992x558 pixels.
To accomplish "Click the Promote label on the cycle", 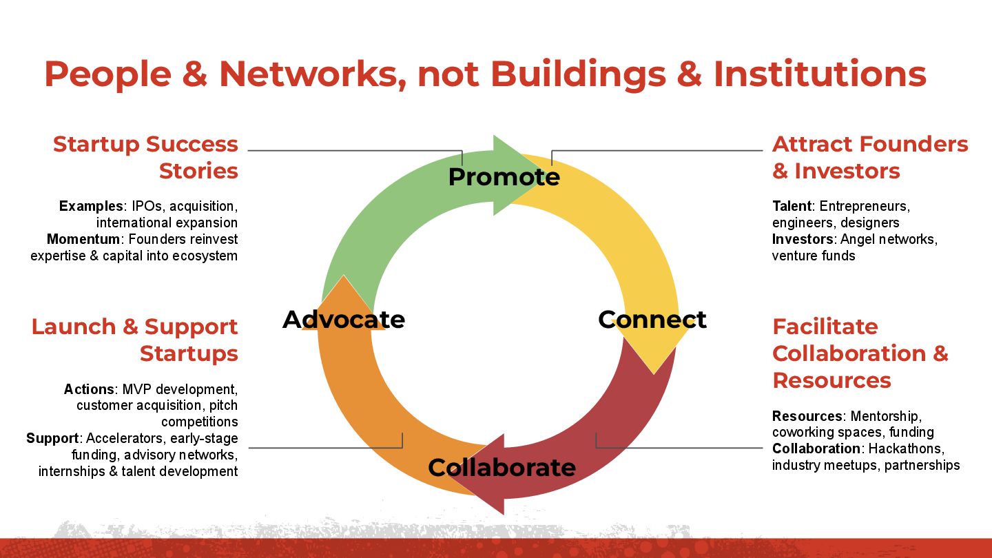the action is (504, 177).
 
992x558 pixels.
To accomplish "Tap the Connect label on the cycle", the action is (652, 319).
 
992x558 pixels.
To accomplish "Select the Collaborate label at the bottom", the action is (502, 467).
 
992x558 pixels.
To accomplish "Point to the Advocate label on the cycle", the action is (344, 320).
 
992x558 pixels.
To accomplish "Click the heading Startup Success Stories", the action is (145, 157).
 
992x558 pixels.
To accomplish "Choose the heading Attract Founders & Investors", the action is (870, 157).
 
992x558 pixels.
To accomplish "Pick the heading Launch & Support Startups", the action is (135, 340).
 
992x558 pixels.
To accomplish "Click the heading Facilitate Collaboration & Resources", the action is (860, 353).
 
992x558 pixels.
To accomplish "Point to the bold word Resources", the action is (807, 416).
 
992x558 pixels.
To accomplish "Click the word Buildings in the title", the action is (575, 74).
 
